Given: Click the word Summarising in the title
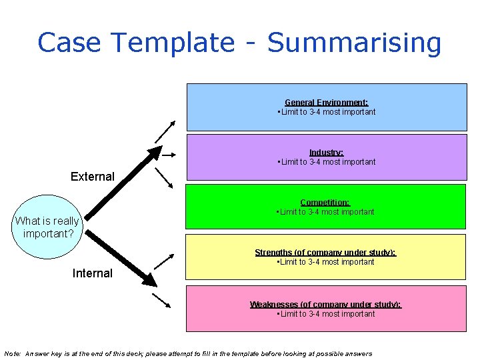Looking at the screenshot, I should pyautogui.click(x=353, y=43).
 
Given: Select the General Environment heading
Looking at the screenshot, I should pyautogui.click(x=326, y=103).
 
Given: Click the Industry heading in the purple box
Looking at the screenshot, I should pyautogui.click(x=326, y=153).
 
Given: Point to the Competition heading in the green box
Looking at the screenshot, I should pyautogui.click(x=325, y=203).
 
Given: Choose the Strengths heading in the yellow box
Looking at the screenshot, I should pyautogui.click(x=325, y=253).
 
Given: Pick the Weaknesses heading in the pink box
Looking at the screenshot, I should pyautogui.click(x=325, y=305).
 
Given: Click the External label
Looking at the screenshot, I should pyautogui.click(x=93, y=177).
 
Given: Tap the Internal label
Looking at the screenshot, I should pyautogui.click(x=92, y=273).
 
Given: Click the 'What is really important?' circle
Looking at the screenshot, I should pyautogui.click(x=47, y=227).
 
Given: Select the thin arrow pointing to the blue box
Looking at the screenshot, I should pyautogui.click(x=165, y=132).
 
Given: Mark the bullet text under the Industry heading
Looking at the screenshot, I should pyautogui.click(x=326, y=162).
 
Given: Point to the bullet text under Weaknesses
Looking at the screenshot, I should pyautogui.click(x=326, y=314).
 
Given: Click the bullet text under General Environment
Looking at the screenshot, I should pyautogui.click(x=326, y=112).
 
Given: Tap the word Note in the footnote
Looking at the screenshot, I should pyautogui.click(x=13, y=353).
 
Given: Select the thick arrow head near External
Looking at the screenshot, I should pyautogui.click(x=154, y=153).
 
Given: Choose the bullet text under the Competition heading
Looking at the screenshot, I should pyautogui.click(x=326, y=212).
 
